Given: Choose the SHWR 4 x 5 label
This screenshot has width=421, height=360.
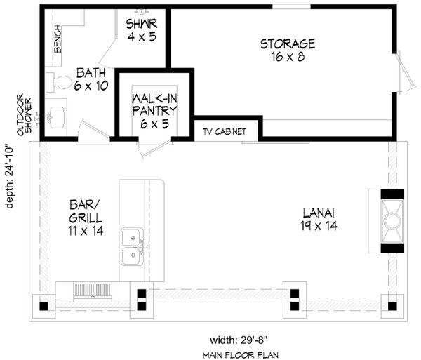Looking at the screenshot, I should tap(142, 29).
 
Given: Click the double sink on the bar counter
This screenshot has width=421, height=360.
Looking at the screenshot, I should tap(131, 246).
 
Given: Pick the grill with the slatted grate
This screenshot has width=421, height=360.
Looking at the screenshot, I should tap(91, 288).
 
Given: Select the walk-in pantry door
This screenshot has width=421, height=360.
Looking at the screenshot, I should tap(153, 147).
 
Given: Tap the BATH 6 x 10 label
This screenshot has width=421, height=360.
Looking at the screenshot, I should tap(91, 78).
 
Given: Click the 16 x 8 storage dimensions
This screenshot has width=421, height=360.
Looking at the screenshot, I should tap(288, 58).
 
